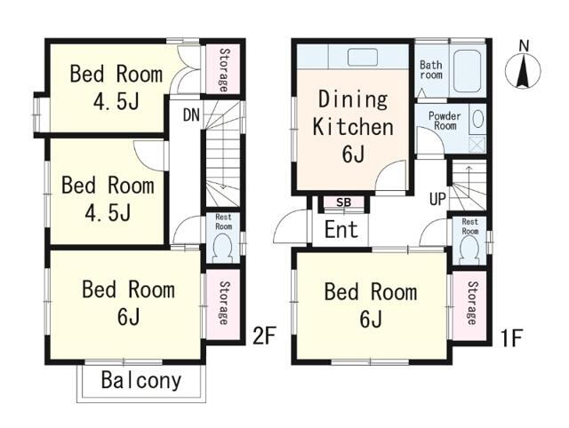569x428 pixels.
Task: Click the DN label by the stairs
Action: pyautogui.click(x=192, y=115)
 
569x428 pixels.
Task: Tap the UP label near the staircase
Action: pyautogui.click(x=437, y=199)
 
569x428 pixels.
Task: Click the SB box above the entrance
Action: pyautogui.click(x=344, y=202)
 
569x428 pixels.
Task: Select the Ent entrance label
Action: pyautogui.click(x=341, y=229)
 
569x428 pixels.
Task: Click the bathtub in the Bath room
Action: pyautogui.click(x=468, y=71)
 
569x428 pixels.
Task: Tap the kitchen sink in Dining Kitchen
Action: pyautogui.click(x=363, y=57)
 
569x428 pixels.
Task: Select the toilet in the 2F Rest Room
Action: pyautogui.click(x=223, y=249)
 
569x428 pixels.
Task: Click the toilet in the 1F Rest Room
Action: pyautogui.click(x=469, y=250)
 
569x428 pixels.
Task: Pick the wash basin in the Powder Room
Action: pyautogui.click(x=478, y=119)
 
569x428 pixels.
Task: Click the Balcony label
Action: pyautogui.click(x=141, y=381)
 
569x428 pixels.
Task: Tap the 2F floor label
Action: pyautogui.click(x=264, y=336)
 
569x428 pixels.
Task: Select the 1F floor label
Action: pyautogui.click(x=511, y=338)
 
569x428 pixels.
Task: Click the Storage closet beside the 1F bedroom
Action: pyautogui.click(x=470, y=305)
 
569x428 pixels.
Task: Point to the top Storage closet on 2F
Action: pyautogui.click(x=223, y=69)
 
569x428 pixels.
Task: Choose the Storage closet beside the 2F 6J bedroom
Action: pyautogui.click(x=223, y=304)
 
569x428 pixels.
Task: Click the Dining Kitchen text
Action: pyautogui.click(x=353, y=113)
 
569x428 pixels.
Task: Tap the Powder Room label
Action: pyautogui.click(x=445, y=121)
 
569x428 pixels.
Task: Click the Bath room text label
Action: pyautogui.click(x=431, y=70)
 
